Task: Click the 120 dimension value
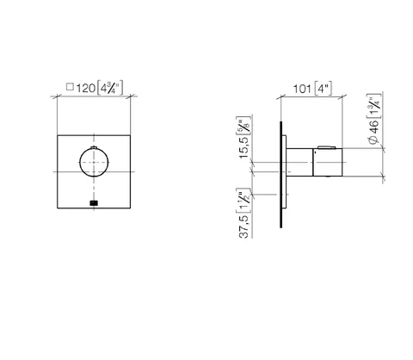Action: (85, 88)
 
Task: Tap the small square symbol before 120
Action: (70, 87)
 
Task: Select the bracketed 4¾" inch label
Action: (110, 88)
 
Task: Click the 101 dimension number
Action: (302, 89)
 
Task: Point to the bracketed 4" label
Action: (324, 89)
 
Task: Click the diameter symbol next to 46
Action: (373, 140)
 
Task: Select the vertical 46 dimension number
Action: (373, 127)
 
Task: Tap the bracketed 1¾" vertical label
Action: (374, 106)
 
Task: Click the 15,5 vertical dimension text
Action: (244, 147)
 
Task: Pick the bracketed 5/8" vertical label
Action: (243, 126)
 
